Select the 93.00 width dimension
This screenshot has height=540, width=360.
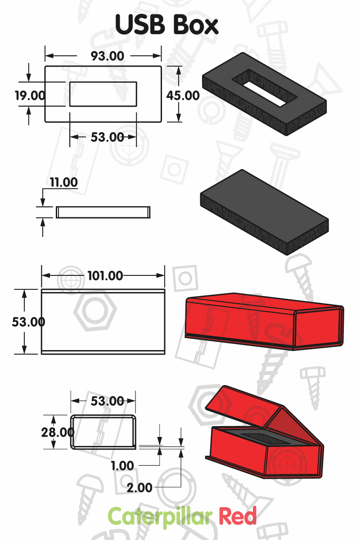108,56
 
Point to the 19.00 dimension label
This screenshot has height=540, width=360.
30,95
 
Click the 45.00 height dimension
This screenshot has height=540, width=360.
183,95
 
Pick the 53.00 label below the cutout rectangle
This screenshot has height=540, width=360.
107,137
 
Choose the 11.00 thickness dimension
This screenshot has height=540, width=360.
63,182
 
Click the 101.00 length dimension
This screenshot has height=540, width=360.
105,275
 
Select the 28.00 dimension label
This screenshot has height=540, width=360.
57,432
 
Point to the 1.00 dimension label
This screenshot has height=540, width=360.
122,466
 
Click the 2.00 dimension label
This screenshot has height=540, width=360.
139,487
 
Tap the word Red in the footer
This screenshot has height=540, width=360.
238,516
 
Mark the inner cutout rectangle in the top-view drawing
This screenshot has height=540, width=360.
103,94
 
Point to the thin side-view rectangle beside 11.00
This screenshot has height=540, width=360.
103,212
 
